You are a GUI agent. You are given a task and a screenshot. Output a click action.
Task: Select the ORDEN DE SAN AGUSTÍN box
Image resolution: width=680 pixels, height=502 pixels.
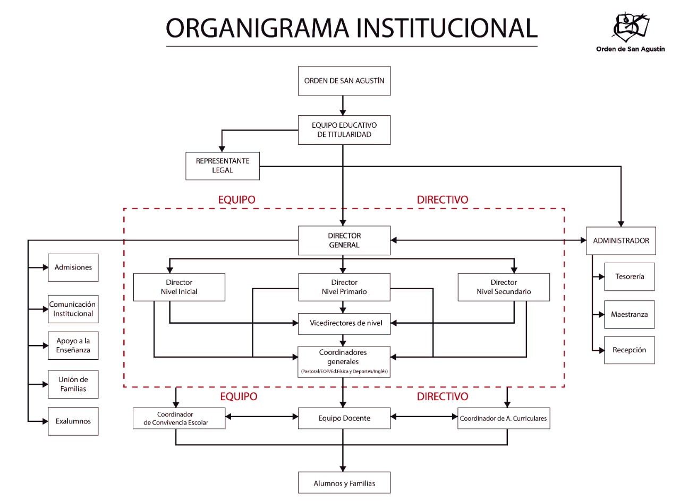pos(344,81)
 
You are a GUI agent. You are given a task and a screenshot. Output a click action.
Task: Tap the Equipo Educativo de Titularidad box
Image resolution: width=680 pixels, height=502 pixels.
pos(344,130)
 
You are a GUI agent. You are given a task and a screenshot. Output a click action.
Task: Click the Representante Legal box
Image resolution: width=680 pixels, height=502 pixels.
pos(223,166)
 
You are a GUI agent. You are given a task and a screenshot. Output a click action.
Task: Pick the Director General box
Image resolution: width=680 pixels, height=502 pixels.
pos(344,240)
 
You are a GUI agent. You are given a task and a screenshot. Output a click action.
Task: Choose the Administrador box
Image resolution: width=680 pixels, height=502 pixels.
pos(620,241)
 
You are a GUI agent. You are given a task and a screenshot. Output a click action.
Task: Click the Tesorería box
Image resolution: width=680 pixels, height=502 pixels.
pos(630,276)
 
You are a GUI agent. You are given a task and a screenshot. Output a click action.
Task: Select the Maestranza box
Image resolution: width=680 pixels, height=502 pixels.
pos(630,314)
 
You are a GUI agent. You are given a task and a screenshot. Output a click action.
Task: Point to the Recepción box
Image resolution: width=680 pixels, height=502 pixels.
pos(630,350)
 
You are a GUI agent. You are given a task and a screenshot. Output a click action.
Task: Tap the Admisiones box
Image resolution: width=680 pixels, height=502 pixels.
pos(73,267)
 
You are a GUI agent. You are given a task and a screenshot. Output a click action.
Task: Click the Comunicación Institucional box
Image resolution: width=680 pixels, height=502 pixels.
pos(73,309)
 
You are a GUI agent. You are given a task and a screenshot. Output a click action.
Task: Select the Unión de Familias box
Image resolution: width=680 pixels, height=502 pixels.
pos(73,384)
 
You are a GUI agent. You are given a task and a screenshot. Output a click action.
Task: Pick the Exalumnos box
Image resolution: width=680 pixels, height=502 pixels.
pos(73,421)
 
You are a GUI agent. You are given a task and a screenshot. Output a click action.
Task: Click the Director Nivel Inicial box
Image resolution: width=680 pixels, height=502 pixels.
pos(179,287)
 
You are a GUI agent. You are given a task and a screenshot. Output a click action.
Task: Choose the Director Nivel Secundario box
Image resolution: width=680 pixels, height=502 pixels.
pos(504,287)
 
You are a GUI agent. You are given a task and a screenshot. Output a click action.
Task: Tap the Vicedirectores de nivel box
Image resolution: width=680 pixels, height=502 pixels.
pos(344,323)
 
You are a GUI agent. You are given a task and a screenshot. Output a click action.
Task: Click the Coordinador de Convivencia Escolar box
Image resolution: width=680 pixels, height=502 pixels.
pos(179,418)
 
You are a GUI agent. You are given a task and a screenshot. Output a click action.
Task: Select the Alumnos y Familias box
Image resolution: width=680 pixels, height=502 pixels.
pos(344,483)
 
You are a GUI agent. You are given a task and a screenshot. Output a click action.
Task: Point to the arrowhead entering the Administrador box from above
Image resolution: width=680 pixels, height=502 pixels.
pos(620,223)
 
